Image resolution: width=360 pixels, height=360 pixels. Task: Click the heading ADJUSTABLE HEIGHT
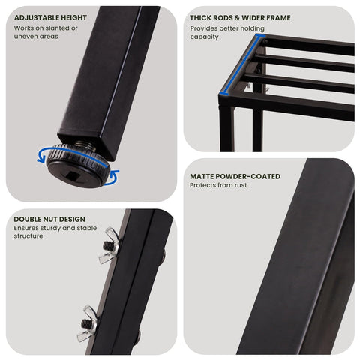[x=50, y=18]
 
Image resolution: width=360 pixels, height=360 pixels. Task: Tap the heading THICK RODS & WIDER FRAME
[x=240, y=18]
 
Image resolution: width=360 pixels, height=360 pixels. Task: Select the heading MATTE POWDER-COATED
[x=235, y=176]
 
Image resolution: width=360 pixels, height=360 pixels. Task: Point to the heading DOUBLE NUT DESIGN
[x=49, y=219]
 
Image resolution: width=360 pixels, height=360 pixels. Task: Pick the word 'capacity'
[x=204, y=37]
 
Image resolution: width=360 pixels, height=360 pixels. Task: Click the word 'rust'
[x=241, y=185]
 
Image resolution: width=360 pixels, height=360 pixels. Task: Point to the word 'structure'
[x=28, y=236]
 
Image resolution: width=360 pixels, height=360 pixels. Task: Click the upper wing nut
[x=109, y=245]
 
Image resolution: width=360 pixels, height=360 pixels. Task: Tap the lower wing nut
[x=88, y=323]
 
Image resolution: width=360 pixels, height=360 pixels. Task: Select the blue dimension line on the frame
[x=241, y=65]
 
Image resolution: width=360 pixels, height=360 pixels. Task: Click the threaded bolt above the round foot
[x=85, y=145]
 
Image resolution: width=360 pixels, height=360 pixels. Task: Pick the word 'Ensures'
[x=25, y=228]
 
